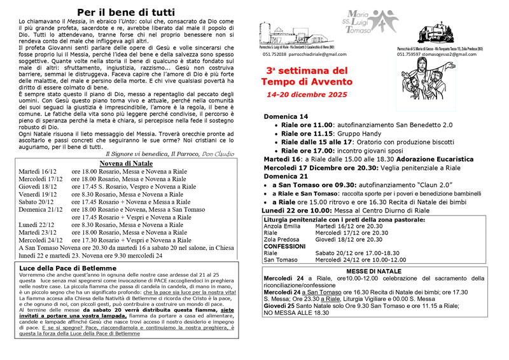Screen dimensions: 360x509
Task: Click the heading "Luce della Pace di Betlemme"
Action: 68,268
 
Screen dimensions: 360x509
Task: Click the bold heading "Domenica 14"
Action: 286,117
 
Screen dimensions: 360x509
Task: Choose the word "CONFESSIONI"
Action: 284,246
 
